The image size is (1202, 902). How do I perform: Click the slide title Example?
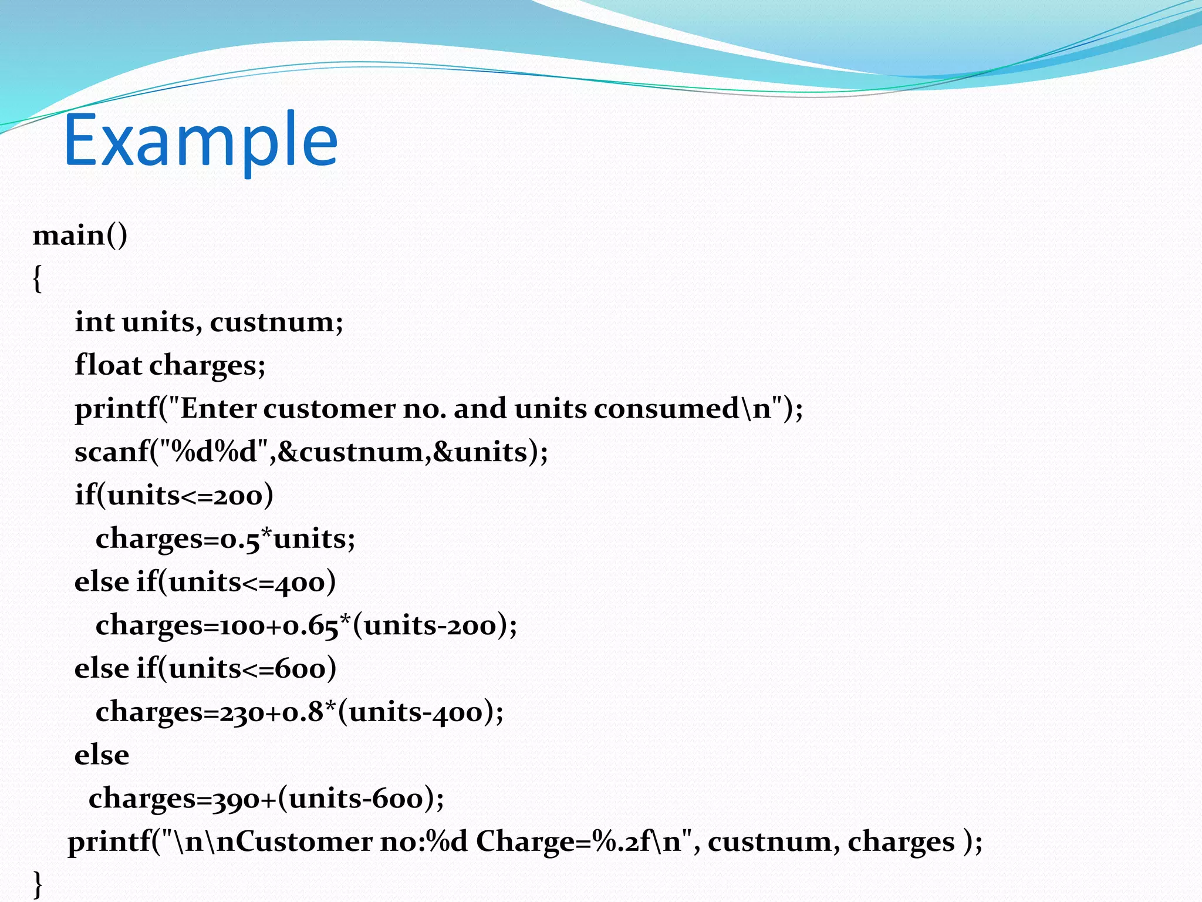coord(201,141)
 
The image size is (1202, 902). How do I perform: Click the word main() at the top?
coord(80,235)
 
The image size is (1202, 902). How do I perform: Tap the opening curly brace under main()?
coord(37,278)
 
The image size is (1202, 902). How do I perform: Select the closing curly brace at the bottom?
coord(37,884)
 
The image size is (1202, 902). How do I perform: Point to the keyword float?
coord(108,365)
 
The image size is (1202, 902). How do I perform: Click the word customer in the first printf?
coord(329,408)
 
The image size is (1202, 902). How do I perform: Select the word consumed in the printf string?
coord(666,408)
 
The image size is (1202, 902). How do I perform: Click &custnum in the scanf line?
coord(350,452)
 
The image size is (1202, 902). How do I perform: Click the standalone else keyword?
coord(102,755)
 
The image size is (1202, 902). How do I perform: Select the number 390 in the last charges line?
coord(235,799)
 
